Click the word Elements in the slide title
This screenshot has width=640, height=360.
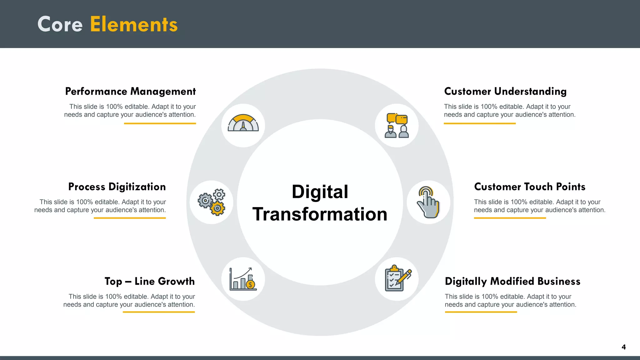click(x=134, y=24)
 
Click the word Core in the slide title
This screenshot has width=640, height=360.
click(x=60, y=24)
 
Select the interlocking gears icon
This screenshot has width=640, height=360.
click(x=212, y=202)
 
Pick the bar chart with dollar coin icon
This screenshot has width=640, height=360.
click(x=243, y=279)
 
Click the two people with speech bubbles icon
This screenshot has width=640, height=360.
click(x=397, y=126)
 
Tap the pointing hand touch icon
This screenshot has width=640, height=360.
click(x=428, y=202)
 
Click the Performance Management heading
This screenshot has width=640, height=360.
click(x=130, y=92)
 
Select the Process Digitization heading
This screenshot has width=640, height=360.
click(x=117, y=187)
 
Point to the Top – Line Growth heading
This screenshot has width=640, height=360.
click(x=149, y=282)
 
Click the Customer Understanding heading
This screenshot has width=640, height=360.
click(x=505, y=92)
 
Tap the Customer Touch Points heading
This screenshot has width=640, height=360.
click(x=530, y=187)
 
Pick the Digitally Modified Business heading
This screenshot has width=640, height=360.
click(x=512, y=282)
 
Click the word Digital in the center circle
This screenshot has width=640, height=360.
click(x=320, y=192)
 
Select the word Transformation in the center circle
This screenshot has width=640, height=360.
click(x=320, y=214)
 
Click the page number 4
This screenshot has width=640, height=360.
click(x=623, y=347)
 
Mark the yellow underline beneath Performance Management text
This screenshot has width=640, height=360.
click(x=160, y=123)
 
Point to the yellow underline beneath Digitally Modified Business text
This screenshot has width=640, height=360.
click(x=481, y=312)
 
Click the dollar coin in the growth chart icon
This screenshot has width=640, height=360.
click(x=250, y=285)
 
